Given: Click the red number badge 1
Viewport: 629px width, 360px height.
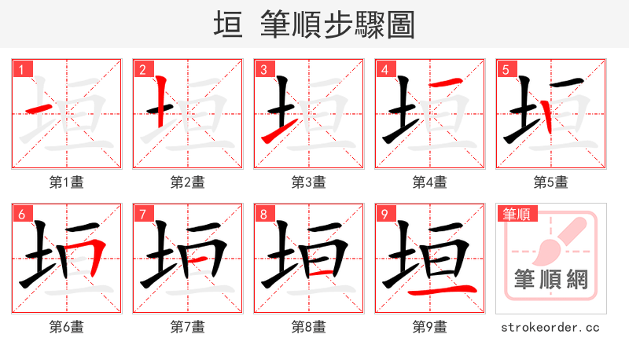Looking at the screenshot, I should pos(21,69).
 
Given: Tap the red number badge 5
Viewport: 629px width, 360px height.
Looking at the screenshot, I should pos(506,69).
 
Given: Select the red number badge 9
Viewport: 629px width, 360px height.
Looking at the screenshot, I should pos(384,214).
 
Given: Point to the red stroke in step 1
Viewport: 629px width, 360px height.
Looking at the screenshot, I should pos(40,108).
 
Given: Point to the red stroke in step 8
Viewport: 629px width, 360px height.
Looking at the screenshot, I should pos(324,271).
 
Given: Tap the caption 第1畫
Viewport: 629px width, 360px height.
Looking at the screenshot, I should pos(66,182).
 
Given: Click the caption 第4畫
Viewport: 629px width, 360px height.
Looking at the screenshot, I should pos(429,182).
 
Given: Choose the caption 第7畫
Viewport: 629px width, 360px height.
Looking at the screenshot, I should pos(187,326).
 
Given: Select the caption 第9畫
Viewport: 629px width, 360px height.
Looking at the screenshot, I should pos(429,326).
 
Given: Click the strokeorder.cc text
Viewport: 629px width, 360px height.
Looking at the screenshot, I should pos(550,326).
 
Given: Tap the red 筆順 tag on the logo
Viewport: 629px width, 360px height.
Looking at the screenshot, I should pos(517,213).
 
